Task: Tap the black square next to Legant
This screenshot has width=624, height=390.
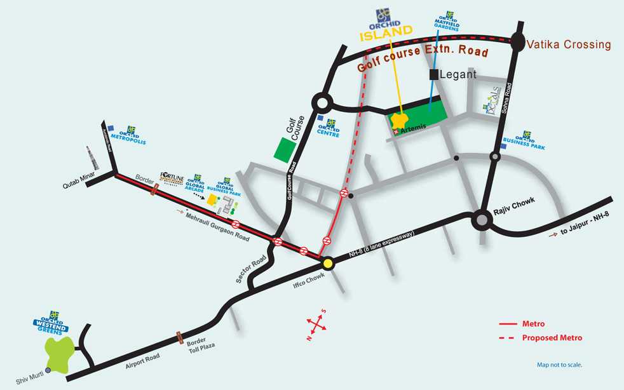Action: click(434, 74)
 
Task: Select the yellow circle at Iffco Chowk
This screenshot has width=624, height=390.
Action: click(328, 264)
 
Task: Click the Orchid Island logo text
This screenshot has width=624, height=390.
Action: click(386, 33)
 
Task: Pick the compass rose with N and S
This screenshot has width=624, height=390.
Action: click(316, 324)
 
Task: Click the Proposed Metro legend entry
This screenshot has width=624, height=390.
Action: click(552, 338)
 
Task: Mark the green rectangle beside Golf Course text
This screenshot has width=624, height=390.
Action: click(284, 149)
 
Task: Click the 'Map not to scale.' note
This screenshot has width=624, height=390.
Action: click(559, 365)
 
